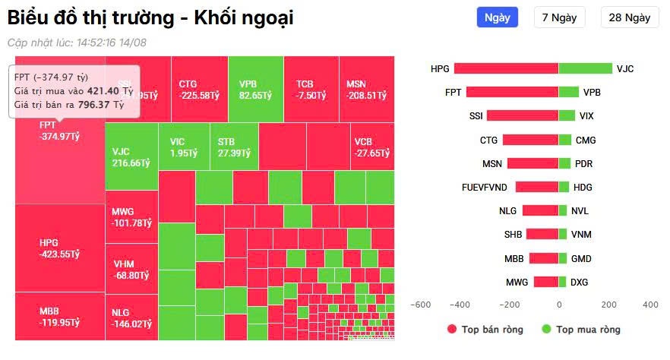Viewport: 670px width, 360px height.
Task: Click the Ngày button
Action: (497, 17)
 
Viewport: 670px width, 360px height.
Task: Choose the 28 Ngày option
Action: (629, 17)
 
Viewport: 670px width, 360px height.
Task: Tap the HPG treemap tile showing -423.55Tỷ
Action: (59, 248)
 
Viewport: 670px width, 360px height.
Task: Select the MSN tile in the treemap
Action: (366, 90)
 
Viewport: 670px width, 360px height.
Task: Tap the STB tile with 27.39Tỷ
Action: (233, 147)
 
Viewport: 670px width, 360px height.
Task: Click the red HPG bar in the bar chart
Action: (506, 68)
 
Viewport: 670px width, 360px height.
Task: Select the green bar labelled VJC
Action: (585, 68)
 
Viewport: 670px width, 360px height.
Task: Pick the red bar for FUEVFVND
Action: (537, 187)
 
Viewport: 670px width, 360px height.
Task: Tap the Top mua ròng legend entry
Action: (581, 330)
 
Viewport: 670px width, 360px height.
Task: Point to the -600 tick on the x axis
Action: (419, 305)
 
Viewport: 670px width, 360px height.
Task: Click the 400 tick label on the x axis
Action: (650, 305)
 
